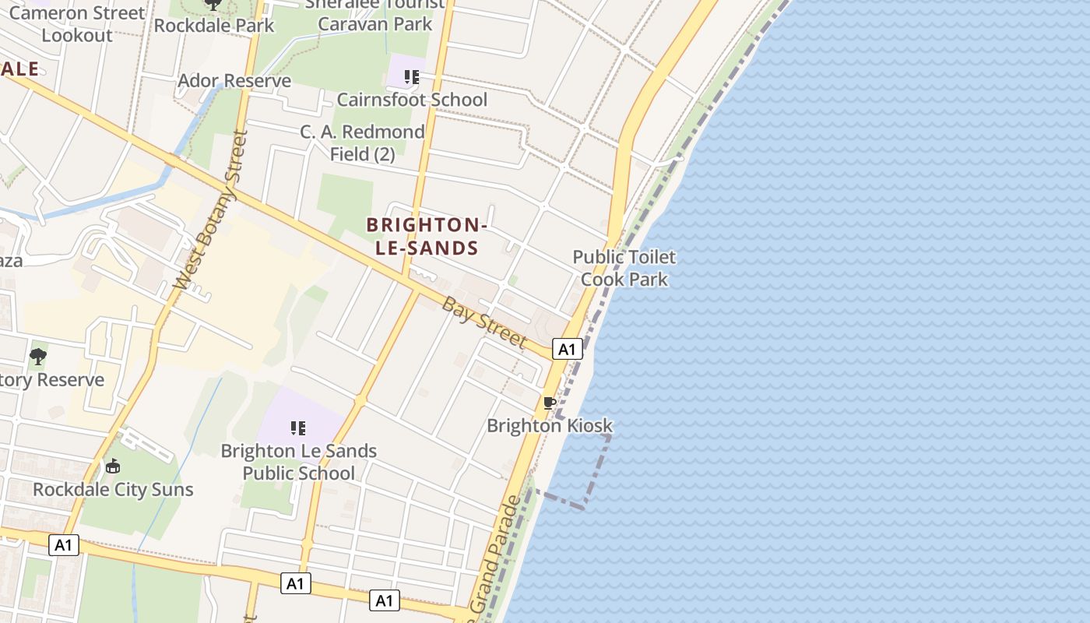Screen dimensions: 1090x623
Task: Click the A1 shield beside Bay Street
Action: (567, 349)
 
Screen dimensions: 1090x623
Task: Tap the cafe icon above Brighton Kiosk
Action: (549, 403)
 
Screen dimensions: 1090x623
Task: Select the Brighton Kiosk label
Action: (550, 426)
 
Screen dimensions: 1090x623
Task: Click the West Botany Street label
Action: (212, 210)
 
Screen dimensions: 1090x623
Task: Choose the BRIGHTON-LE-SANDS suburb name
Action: (426, 237)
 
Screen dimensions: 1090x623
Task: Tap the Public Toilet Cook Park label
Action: (624, 268)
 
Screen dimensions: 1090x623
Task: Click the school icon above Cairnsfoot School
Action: (411, 77)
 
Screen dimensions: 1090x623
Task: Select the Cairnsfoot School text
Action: (412, 100)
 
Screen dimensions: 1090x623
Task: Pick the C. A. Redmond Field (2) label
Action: (363, 143)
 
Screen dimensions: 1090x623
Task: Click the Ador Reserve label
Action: (234, 81)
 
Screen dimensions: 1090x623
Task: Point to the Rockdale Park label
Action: (214, 25)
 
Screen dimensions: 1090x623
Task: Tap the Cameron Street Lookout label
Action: (77, 23)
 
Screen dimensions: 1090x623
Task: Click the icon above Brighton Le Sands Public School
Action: (297, 428)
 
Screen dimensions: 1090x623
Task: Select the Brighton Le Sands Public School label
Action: (299, 462)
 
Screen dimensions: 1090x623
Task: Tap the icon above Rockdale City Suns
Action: (113, 466)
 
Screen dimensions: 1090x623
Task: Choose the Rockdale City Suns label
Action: (113, 490)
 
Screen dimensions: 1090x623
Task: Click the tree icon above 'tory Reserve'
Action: (37, 357)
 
